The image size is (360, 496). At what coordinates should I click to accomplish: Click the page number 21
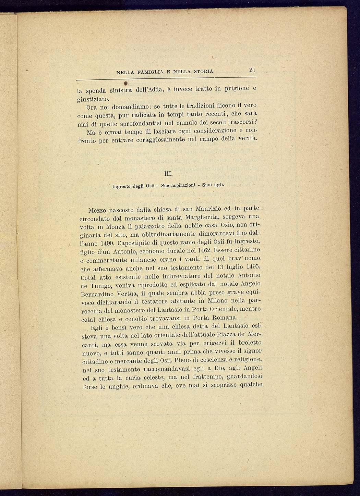click(252, 70)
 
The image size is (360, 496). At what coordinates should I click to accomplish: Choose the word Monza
click(116, 227)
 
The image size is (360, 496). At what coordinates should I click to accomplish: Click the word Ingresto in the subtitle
click(122, 187)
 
